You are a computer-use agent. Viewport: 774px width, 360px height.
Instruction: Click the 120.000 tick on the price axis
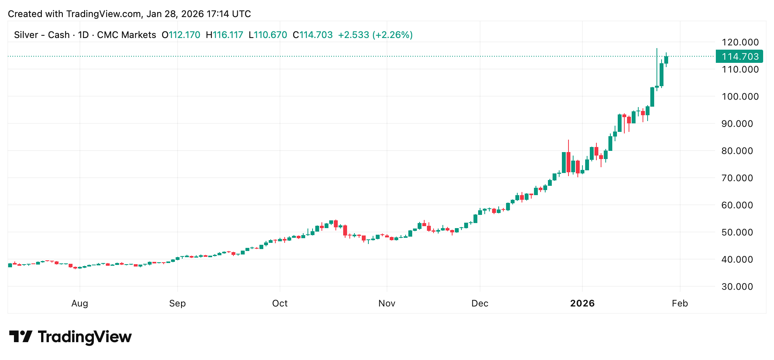pos(740,42)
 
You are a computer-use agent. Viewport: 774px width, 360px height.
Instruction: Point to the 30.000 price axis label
pos(740,287)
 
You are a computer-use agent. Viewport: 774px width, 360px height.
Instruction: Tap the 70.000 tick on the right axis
pos(740,178)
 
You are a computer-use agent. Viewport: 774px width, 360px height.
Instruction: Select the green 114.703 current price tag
pos(739,57)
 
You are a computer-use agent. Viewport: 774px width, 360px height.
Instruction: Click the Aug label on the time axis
pos(79,303)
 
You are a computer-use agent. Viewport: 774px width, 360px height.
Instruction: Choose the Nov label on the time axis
pos(387,303)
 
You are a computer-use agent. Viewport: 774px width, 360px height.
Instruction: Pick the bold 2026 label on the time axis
pos(582,303)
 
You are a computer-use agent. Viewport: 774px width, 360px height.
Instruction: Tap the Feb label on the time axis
pos(680,303)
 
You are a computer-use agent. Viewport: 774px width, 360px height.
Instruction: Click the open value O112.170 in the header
pos(181,35)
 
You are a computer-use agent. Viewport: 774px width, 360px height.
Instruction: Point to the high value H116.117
pos(224,35)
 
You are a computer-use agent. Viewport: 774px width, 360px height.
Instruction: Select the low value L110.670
pos(268,35)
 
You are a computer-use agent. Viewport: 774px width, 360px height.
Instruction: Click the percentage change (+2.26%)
pos(392,35)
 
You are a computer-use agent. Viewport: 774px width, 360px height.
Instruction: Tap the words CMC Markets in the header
pos(126,35)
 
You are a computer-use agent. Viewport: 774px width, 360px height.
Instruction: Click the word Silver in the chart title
pos(26,35)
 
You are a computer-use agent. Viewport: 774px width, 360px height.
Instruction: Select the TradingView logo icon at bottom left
pos(21,336)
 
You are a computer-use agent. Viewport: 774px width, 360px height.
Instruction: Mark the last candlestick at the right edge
pos(666,60)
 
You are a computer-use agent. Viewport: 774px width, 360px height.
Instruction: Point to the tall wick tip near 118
pos(657,49)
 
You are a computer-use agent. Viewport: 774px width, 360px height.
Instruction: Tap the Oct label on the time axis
pos(280,303)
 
